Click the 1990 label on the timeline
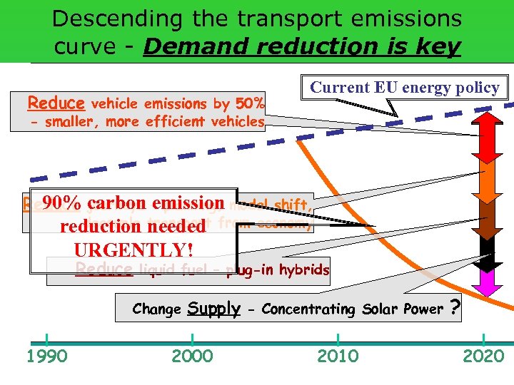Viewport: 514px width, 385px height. pyautogui.click(x=47, y=356)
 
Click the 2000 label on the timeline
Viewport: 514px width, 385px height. pyautogui.click(x=193, y=356)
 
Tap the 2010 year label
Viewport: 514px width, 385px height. pyautogui.click(x=338, y=356)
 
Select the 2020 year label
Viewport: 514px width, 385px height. pyautogui.click(x=483, y=356)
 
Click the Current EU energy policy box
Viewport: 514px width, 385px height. pyautogui.click(x=405, y=88)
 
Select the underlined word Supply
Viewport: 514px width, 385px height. pyautogui.click(x=213, y=309)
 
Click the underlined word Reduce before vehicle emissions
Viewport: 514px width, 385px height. pyautogui.click(x=56, y=103)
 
